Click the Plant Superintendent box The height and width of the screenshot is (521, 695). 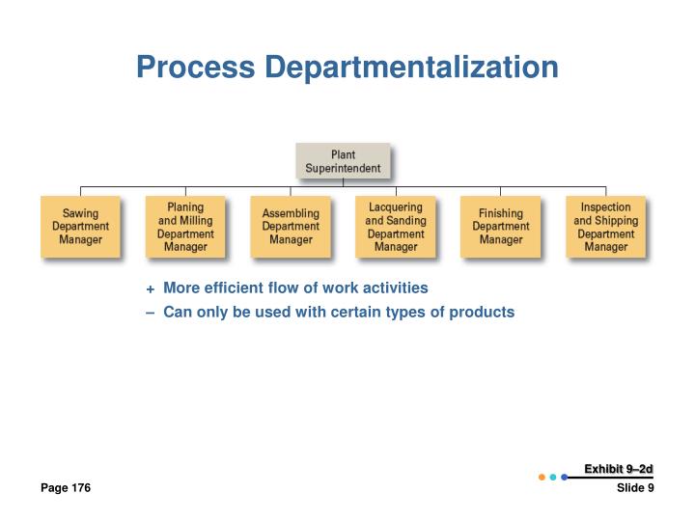pyautogui.click(x=343, y=161)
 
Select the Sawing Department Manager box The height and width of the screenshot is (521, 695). pyautogui.click(x=80, y=227)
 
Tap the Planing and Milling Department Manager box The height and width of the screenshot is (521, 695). pyautogui.click(x=185, y=227)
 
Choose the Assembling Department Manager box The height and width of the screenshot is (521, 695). pyautogui.click(x=291, y=227)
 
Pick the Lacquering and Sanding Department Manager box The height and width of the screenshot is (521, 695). pyautogui.click(x=396, y=227)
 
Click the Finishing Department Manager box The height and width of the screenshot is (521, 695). pyautogui.click(x=500, y=227)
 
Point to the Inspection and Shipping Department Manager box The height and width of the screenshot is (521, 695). pyautogui.click(x=606, y=227)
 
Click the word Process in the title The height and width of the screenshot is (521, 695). pyautogui.click(x=195, y=68)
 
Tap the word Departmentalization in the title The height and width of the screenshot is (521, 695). pyautogui.click(x=411, y=68)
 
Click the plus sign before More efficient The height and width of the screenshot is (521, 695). pyautogui.click(x=150, y=288)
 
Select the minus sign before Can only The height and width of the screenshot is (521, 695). pyautogui.click(x=150, y=313)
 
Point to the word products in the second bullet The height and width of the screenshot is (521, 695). pyautogui.click(x=485, y=313)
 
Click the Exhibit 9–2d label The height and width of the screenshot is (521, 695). pyautogui.click(x=619, y=469)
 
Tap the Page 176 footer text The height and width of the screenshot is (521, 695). pyautogui.click(x=66, y=488)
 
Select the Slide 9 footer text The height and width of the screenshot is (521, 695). pyautogui.click(x=635, y=488)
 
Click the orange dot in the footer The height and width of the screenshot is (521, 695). pyautogui.click(x=542, y=477)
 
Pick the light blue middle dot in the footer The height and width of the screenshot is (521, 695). pyautogui.click(x=553, y=477)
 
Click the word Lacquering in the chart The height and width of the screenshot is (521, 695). pyautogui.click(x=396, y=207)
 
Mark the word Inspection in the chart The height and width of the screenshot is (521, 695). pyautogui.click(x=606, y=207)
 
